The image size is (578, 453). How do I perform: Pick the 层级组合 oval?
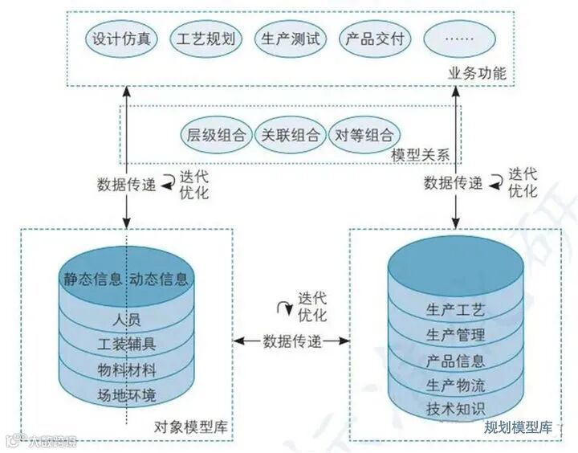[216, 135]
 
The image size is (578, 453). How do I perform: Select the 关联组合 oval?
[290, 135]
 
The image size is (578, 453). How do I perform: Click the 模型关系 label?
[419, 154]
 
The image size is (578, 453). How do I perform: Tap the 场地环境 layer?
[126, 395]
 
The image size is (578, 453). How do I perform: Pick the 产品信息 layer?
[456, 359]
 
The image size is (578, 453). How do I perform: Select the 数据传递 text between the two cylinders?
[292, 341]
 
